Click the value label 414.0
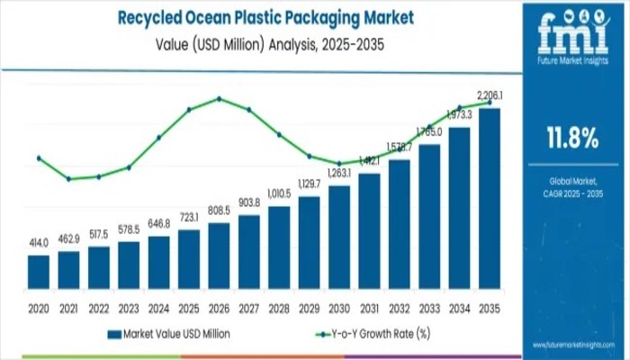(x=39, y=245)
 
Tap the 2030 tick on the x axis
(x=339, y=307)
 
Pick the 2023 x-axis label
(x=129, y=307)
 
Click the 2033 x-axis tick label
(x=429, y=307)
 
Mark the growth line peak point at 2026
(x=219, y=98)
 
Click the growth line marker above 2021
(x=68, y=178)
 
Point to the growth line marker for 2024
(x=158, y=138)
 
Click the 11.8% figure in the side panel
(x=571, y=138)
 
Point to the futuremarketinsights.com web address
(x=572, y=346)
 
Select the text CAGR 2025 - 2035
(x=571, y=194)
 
